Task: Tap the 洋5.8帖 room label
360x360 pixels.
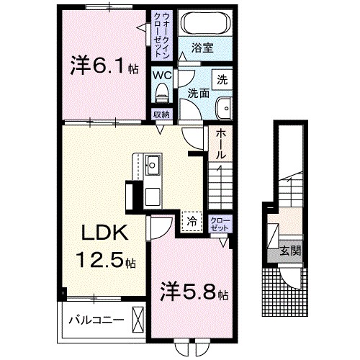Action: pos(193,294)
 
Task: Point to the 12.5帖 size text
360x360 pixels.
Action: pos(104,260)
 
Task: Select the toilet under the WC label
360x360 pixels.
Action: pos(162,91)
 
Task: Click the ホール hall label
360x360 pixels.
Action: pos(220,144)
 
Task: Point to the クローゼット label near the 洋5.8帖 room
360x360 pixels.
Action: pos(219,224)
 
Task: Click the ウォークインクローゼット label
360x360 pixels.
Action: pos(161,34)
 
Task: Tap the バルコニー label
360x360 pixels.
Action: pos(96,320)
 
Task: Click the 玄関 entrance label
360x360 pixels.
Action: pos(291,251)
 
